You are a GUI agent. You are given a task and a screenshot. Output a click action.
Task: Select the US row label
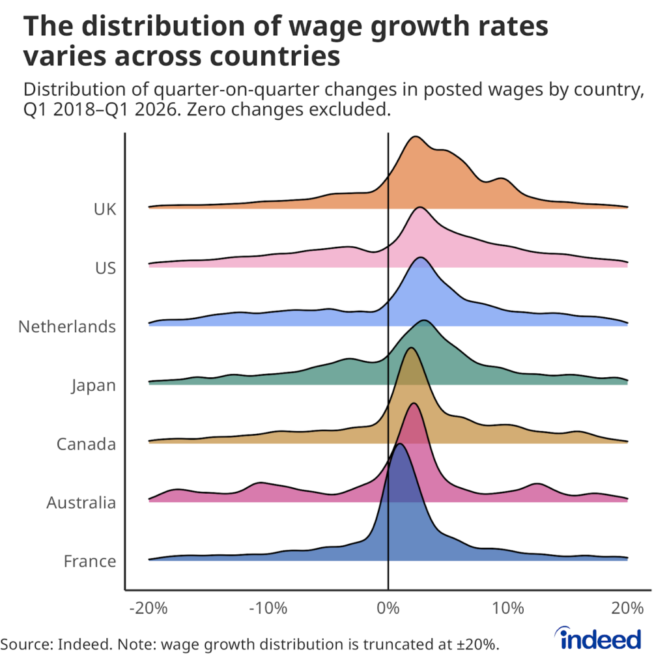point(105,268)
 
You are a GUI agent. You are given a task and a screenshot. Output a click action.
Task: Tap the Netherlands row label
point(67,326)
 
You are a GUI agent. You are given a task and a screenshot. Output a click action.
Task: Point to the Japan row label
point(94,386)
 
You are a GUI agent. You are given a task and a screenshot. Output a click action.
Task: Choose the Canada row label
point(86,444)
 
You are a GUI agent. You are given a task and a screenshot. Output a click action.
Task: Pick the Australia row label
point(81,503)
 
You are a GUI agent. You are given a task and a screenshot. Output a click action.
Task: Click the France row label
point(90,561)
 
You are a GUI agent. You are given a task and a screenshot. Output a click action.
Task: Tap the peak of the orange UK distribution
point(414,138)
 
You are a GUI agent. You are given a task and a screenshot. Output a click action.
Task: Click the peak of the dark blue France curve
point(400,445)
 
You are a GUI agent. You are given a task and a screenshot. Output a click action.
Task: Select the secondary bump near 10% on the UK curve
point(500,179)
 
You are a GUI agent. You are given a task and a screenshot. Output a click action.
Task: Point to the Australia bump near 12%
point(536,485)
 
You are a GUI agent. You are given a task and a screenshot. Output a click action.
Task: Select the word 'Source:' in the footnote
point(27,644)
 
